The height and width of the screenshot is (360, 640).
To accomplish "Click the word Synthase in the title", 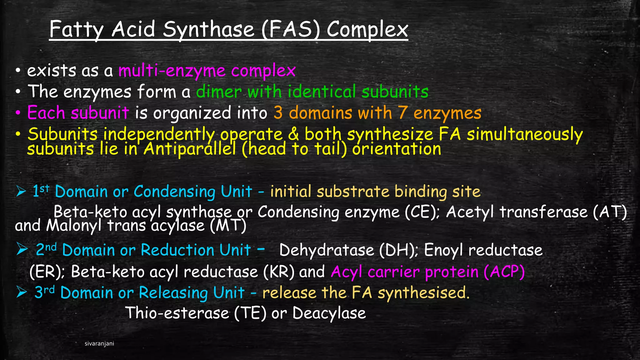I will pyautogui.click(x=208, y=30).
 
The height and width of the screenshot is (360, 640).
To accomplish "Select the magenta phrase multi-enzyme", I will pyautogui.click(x=172, y=71).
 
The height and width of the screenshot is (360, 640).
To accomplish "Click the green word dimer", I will pyautogui.click(x=219, y=92).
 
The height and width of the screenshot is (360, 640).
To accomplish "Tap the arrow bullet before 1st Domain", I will pyautogui.click(x=21, y=191).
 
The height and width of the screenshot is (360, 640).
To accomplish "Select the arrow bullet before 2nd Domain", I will pyautogui.click(x=22, y=249).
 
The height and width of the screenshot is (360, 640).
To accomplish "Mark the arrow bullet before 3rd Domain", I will pyautogui.click(x=22, y=292).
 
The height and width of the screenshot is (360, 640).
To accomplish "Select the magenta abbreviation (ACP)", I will pyautogui.click(x=504, y=272).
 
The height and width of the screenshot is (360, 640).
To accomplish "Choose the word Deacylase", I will pyautogui.click(x=329, y=313).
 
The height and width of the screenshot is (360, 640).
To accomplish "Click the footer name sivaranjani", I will pyautogui.click(x=99, y=344).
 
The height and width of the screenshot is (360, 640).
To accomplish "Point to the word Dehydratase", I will pyautogui.click(x=327, y=250).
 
